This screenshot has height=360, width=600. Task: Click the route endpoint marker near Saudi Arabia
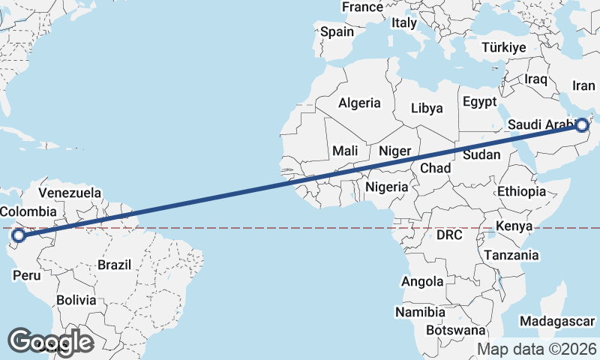coord(583,125)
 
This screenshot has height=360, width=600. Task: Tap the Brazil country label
coord(114,264)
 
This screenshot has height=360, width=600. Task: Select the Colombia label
coord(28,211)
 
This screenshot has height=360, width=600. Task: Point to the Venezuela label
coord(70,193)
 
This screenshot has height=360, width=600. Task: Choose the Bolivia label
coord(76,300)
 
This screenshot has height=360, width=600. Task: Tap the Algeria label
coord(360,103)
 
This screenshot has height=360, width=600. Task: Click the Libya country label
coord(427,108)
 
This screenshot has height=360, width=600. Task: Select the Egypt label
coord(480,101)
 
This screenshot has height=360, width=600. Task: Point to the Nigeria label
coord(387,186)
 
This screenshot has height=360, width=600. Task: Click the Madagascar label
coord(556,320)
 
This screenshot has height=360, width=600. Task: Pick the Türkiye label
coord(503,47)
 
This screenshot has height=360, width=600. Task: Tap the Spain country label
coord(337,31)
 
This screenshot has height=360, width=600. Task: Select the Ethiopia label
coord(521,192)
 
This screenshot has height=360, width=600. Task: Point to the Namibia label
coord(421,311)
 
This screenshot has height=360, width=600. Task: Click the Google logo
coord(50,341)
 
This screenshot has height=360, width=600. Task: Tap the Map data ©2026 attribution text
coord(537,349)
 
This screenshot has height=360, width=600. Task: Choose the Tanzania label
coord(511,255)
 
